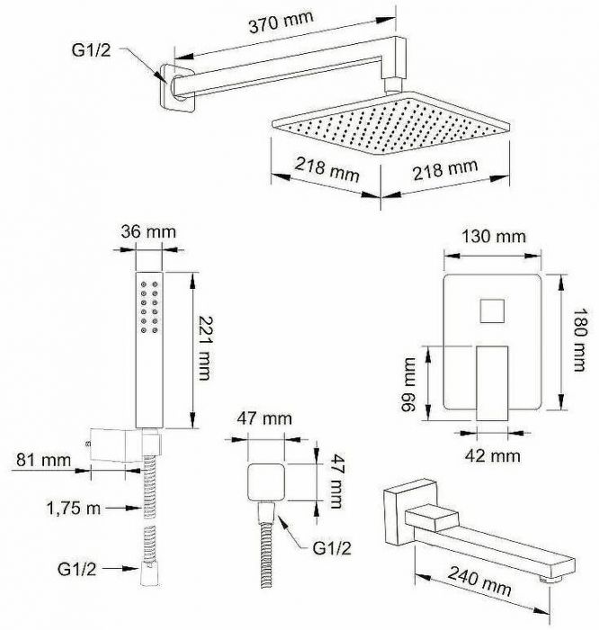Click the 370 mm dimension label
[x=281, y=22]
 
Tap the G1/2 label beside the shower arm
[x=91, y=50]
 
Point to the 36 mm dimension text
[x=148, y=232]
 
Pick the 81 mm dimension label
[x=43, y=460]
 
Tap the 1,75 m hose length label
[x=75, y=508]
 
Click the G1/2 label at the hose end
[x=77, y=569]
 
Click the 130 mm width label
[x=494, y=236]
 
